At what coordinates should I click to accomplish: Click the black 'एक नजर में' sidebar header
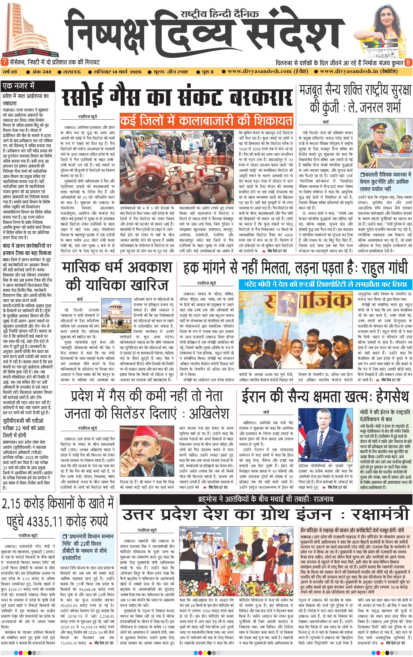(18, 86)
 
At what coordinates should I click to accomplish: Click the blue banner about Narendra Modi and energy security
(325, 284)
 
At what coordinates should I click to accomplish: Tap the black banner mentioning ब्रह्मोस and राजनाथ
(266, 499)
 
